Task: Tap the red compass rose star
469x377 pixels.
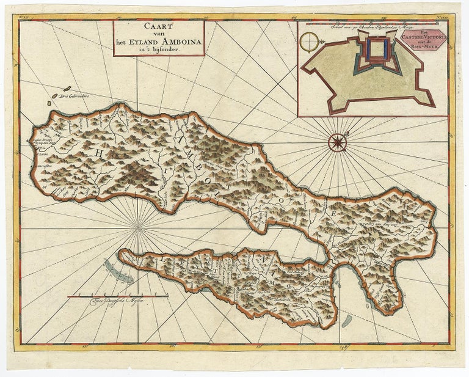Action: point(336,142)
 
